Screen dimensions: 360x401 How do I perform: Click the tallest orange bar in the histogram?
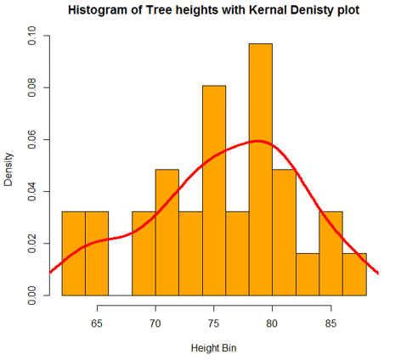tap(260, 170)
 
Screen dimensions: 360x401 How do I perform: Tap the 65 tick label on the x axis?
tap(97, 323)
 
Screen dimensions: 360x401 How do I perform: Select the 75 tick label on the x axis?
tap(213, 323)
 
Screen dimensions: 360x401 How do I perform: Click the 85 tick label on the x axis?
tap(331, 323)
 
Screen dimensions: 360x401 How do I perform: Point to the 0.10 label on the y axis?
tap(32, 37)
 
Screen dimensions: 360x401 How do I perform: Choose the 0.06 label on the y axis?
tap(32, 140)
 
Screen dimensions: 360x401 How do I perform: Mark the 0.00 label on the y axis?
tap(32, 295)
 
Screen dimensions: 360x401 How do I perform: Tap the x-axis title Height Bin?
tap(213, 349)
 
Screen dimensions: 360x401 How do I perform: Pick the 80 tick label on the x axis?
tap(272, 323)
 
